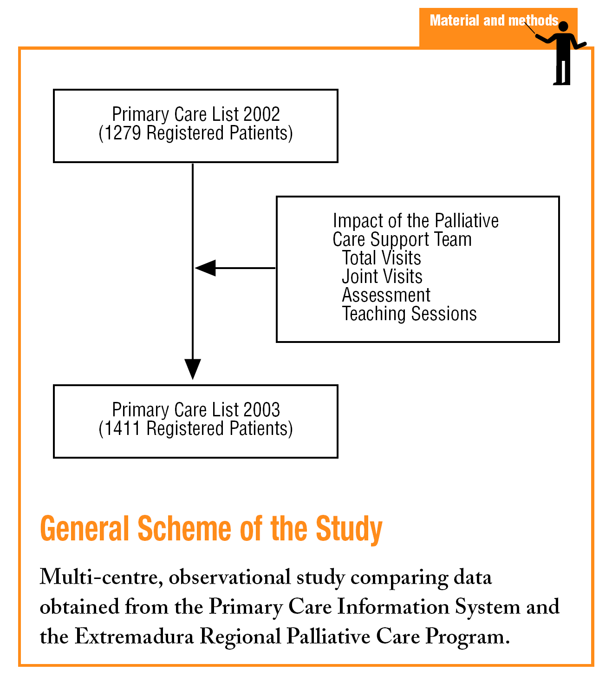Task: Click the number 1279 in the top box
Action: click(x=123, y=133)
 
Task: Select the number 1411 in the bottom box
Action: click(x=122, y=429)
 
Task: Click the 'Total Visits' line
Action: click(x=381, y=258)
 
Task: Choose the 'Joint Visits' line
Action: click(x=382, y=276)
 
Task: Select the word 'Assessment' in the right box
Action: click(x=386, y=295)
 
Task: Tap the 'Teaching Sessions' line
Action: click(x=409, y=314)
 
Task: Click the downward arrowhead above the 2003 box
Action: click(x=193, y=369)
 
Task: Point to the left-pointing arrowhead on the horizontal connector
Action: click(x=205, y=268)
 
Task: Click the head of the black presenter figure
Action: click(x=563, y=27)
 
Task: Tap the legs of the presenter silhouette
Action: click(x=562, y=72)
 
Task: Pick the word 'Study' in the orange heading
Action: click(x=349, y=529)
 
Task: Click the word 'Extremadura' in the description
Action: click(x=134, y=636)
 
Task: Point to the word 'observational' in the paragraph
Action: click(x=230, y=578)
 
